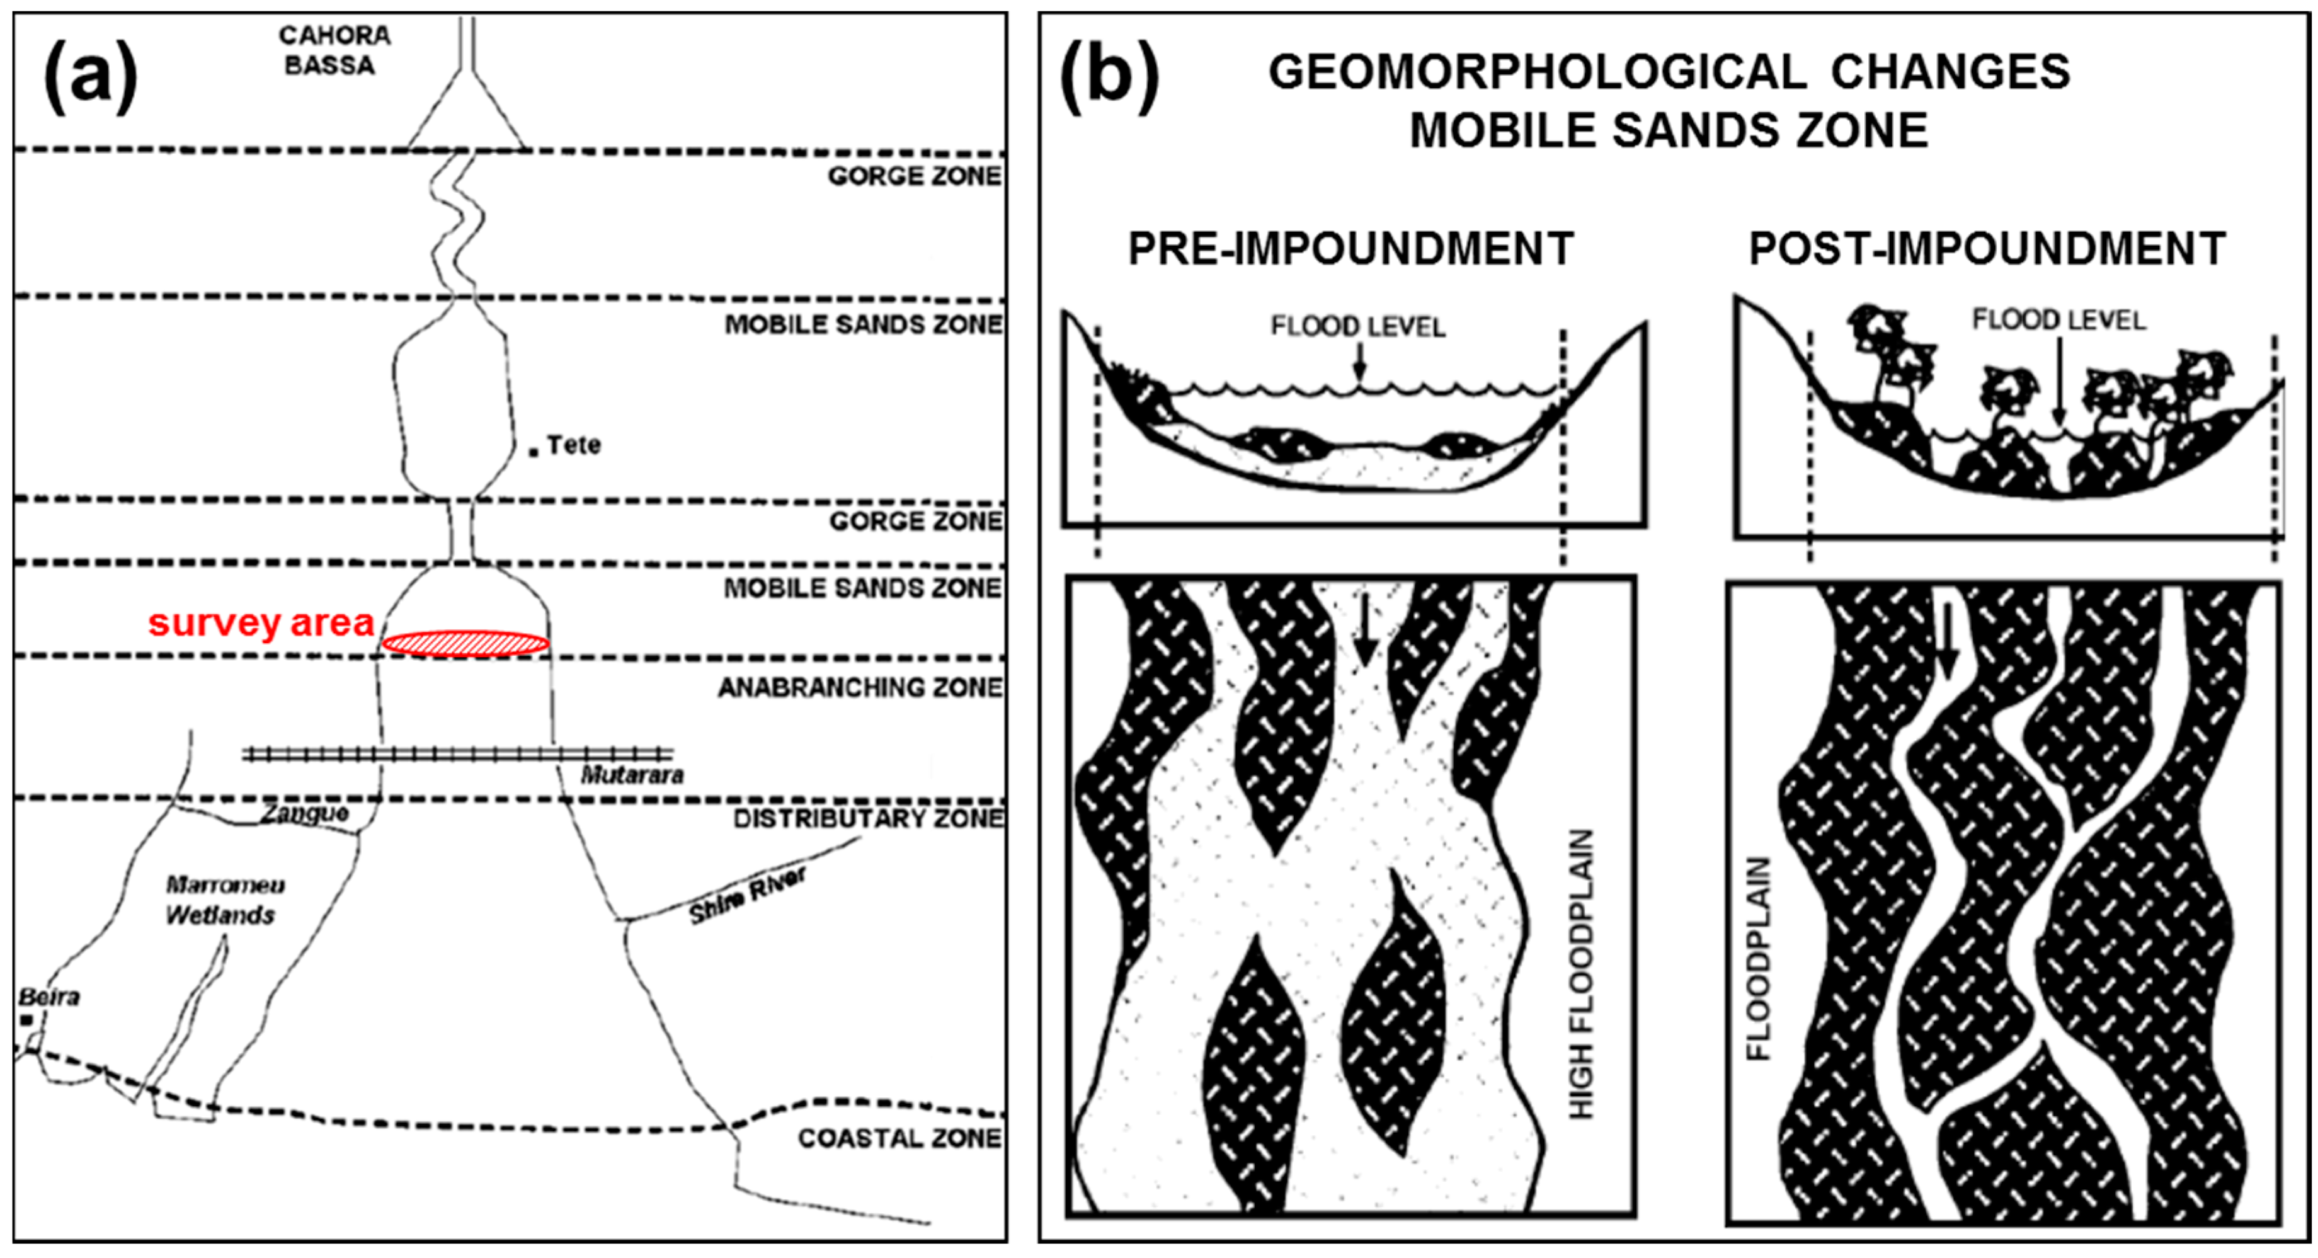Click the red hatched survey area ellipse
(465, 643)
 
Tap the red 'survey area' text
(261, 623)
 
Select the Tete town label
(573, 445)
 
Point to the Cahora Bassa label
(334, 50)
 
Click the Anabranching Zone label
(859, 687)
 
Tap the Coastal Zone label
(899, 1138)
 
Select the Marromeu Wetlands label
(223, 900)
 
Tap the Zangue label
(304, 813)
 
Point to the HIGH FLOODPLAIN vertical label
(1581, 975)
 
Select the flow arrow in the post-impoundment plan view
(1946, 653)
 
